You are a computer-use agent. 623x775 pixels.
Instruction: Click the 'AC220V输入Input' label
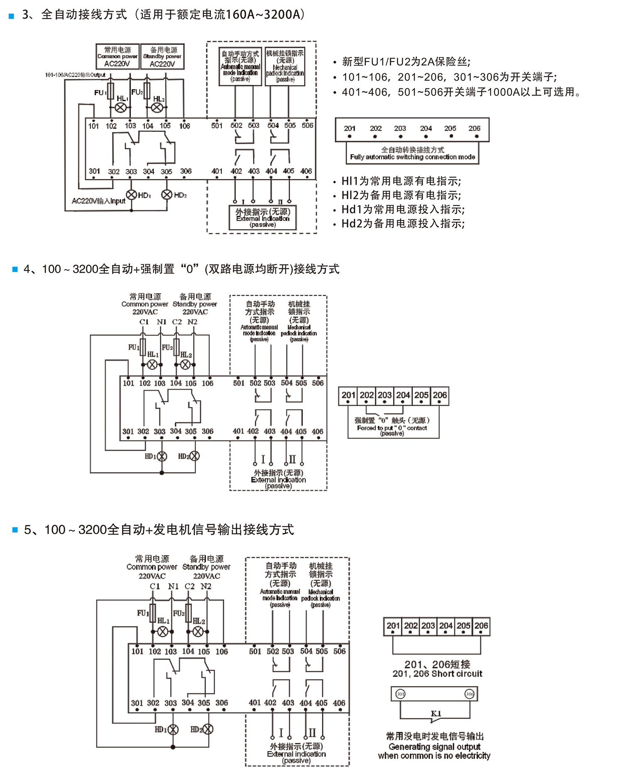coord(98,201)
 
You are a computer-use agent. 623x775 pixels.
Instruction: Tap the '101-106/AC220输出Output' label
coord(75,75)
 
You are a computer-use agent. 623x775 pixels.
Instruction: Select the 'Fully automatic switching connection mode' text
coord(412,157)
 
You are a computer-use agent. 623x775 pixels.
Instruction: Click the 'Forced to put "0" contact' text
coord(392,428)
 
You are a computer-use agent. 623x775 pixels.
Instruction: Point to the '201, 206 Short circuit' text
coord(437,674)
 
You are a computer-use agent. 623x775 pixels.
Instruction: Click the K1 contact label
coord(436,714)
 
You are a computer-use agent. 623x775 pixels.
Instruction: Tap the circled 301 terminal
coord(400,694)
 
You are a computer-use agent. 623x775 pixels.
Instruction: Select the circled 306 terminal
coord(469,694)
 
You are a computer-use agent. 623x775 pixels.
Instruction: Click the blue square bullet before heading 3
coord(12,16)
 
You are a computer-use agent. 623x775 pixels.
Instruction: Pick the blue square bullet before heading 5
coord(15,530)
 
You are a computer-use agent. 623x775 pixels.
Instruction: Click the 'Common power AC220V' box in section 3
coord(118,56)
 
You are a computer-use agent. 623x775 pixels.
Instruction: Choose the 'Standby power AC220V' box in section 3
coord(162,56)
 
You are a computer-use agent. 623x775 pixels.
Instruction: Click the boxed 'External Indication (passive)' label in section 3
coord(262,218)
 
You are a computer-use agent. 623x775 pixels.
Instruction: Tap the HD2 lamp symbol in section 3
coord(167,194)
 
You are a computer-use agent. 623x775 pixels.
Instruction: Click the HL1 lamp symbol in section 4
coord(152,365)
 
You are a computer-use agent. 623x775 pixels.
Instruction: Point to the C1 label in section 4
coord(144,322)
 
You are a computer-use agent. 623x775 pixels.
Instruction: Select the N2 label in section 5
coord(206,586)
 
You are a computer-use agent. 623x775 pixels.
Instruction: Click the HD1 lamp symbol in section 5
coord(173,729)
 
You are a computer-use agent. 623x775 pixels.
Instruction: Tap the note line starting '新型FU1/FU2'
coord(406,62)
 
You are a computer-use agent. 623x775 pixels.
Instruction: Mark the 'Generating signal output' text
coord(434,747)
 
